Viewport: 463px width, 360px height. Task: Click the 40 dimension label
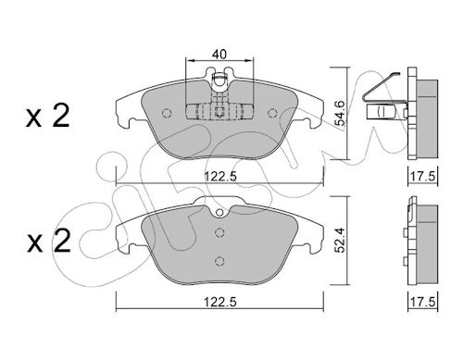coord(219,55)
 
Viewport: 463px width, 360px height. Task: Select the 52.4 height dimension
coord(341,240)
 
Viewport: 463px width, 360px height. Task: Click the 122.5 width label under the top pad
coord(220,177)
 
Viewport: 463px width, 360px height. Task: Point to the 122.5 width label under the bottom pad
coord(220,302)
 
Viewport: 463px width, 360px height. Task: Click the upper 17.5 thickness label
coord(422,177)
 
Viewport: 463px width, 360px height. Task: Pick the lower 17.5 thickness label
coord(422,302)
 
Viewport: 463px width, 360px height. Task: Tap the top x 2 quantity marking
coord(48,116)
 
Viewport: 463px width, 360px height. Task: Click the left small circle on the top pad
coord(167,113)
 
